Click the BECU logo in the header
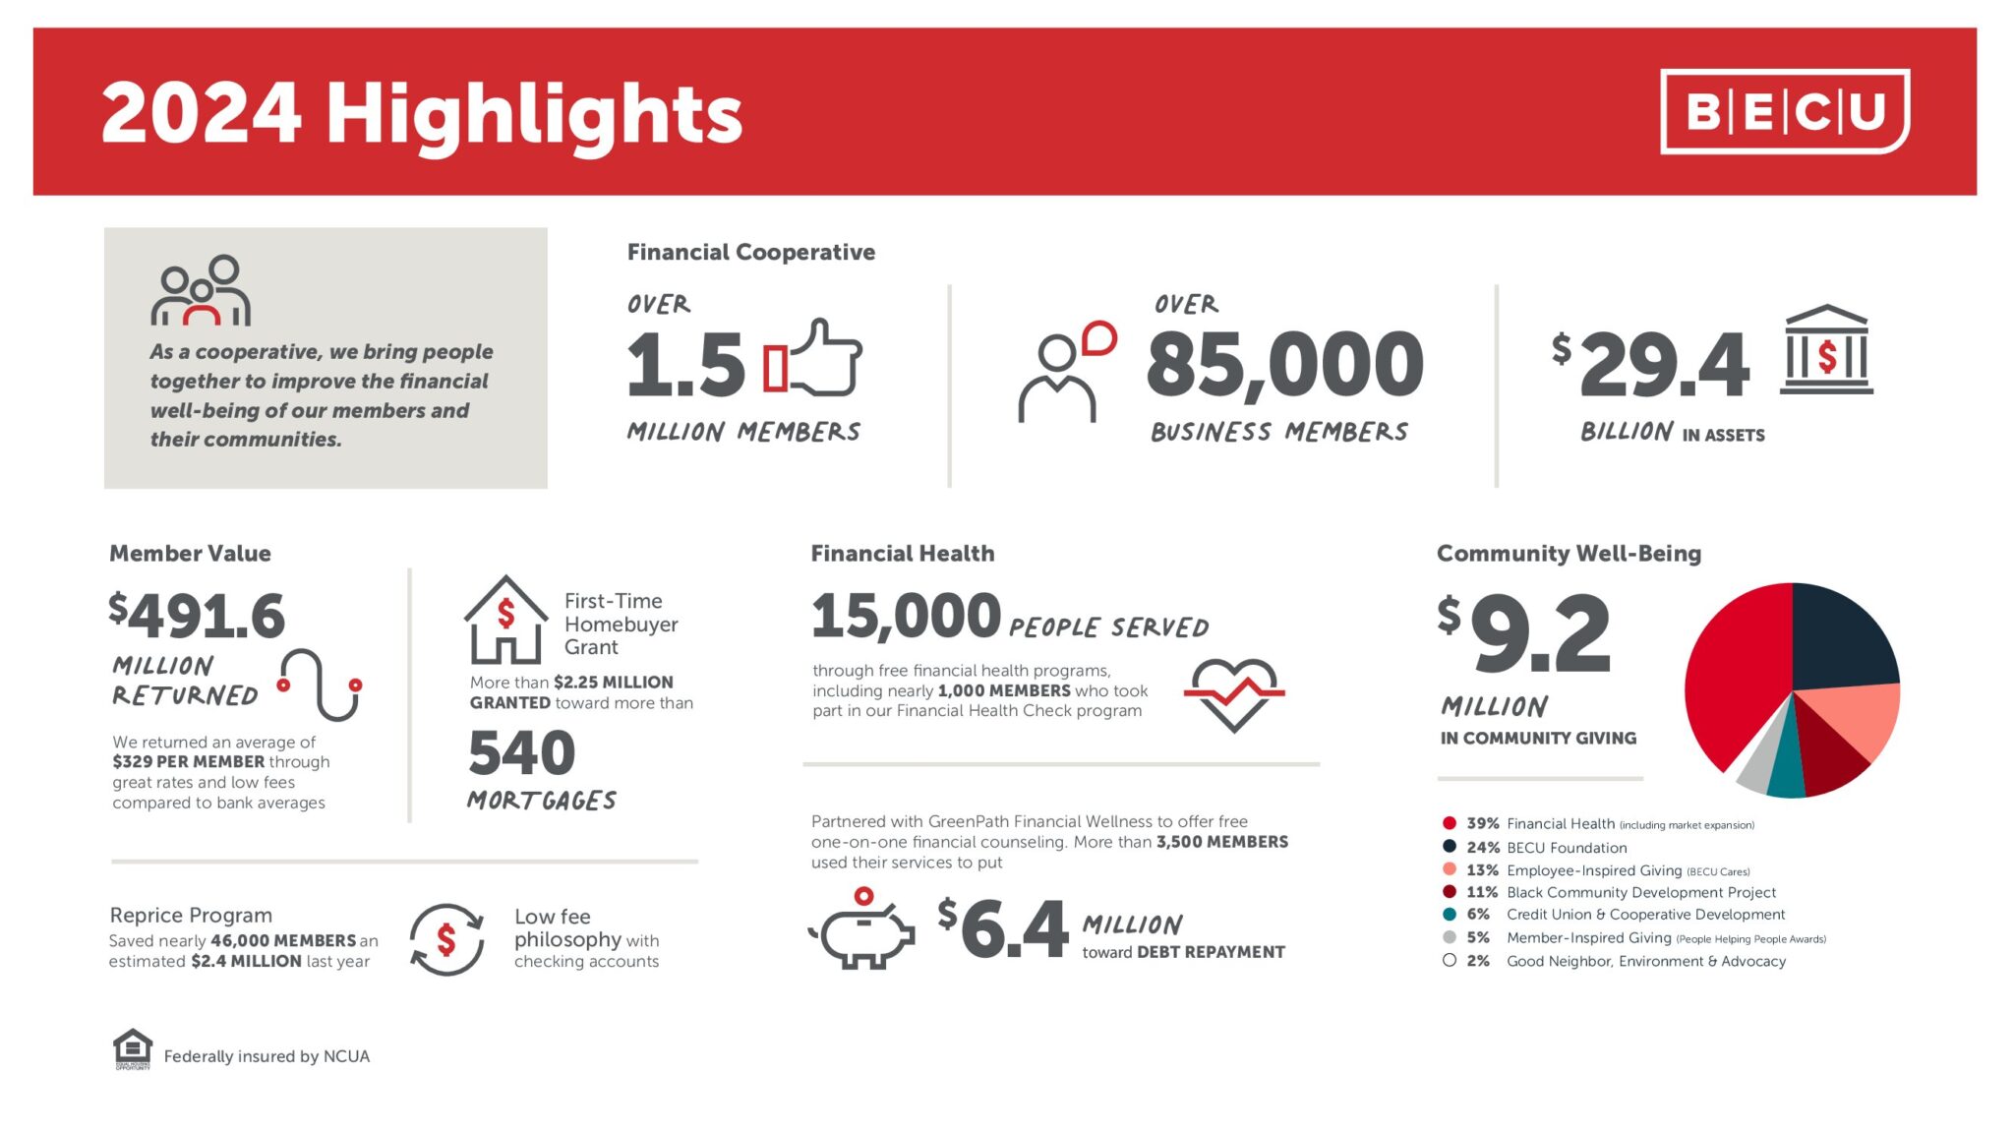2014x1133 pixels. point(1784,111)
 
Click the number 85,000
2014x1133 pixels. point(1284,364)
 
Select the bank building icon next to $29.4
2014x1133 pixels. point(1826,350)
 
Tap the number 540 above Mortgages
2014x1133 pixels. point(521,753)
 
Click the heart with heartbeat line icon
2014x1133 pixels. point(1234,693)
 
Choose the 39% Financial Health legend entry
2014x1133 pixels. point(1598,823)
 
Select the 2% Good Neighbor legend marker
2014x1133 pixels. point(1450,961)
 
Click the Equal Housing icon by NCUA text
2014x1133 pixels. point(133,1049)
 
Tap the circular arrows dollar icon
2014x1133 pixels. point(446,939)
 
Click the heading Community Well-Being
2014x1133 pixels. point(1569,554)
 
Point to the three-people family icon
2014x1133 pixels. point(202,291)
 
